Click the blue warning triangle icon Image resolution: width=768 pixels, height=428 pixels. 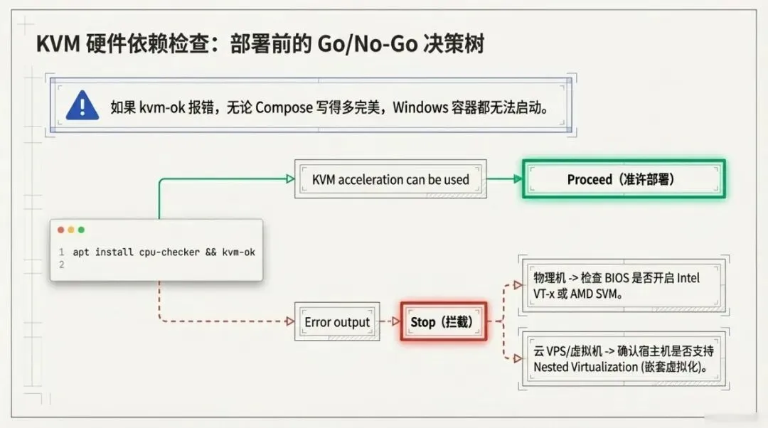[82, 107]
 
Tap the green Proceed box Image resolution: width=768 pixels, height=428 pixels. [624, 179]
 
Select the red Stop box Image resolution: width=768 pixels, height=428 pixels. [443, 322]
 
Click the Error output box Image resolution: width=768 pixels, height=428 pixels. [337, 322]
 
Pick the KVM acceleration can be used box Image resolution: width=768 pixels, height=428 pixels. [390, 179]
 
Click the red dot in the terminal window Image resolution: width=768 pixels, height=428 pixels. [60, 230]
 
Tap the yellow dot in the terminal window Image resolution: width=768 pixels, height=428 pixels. [70, 230]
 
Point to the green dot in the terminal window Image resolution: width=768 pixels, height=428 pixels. [81, 230]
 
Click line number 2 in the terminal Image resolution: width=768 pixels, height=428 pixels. [62, 264]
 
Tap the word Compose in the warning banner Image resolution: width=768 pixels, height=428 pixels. [284, 107]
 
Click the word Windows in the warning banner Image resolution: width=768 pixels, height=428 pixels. [419, 107]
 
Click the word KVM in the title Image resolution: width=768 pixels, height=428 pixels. [57, 45]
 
